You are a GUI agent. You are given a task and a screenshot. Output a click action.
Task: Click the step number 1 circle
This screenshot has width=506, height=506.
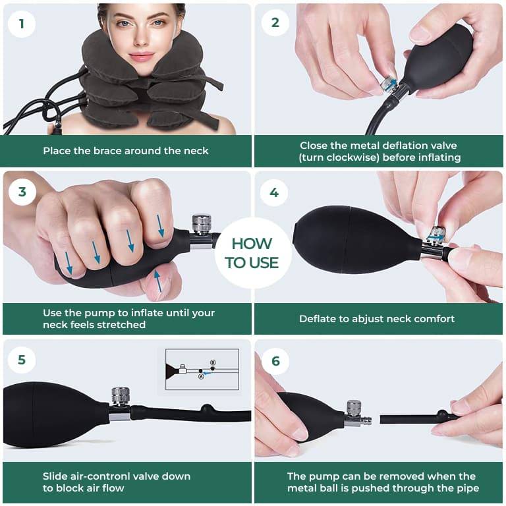click(22, 24)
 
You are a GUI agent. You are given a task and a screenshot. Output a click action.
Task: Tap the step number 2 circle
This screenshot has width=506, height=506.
click(275, 24)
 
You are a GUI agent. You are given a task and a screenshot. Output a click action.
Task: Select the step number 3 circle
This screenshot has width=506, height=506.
click(22, 192)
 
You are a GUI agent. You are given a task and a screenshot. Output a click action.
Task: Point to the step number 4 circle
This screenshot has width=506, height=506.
click(275, 192)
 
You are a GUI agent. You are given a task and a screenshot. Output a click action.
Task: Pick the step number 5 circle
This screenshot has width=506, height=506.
click(22, 360)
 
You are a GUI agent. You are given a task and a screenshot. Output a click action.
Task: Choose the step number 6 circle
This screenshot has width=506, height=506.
click(275, 360)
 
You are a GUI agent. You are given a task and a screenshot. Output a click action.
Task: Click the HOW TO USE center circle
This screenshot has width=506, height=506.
click(252, 253)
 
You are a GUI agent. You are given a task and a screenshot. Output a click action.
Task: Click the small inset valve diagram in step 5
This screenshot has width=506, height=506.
click(202, 369)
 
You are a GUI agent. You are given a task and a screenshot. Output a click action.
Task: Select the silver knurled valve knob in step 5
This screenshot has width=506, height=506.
click(120, 396)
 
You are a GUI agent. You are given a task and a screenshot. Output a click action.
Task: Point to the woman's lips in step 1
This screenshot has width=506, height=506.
click(142, 56)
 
